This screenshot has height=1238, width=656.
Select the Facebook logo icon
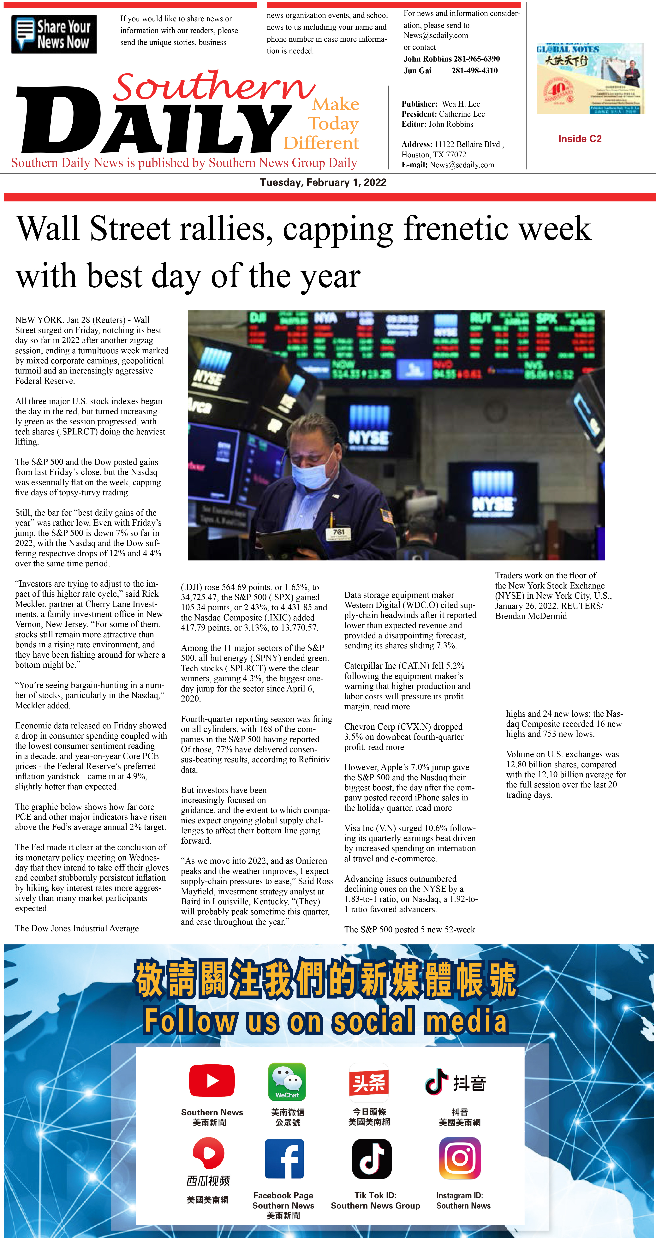pos(284,1159)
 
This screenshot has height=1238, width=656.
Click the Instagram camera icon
pos(460,1158)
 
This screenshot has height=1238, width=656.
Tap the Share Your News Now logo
pos(54,34)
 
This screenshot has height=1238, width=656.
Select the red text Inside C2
pos(580,139)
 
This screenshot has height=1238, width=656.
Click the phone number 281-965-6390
pos(476,59)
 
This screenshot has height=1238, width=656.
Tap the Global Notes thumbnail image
pos(590,78)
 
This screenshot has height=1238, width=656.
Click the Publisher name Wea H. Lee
pos(460,104)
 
